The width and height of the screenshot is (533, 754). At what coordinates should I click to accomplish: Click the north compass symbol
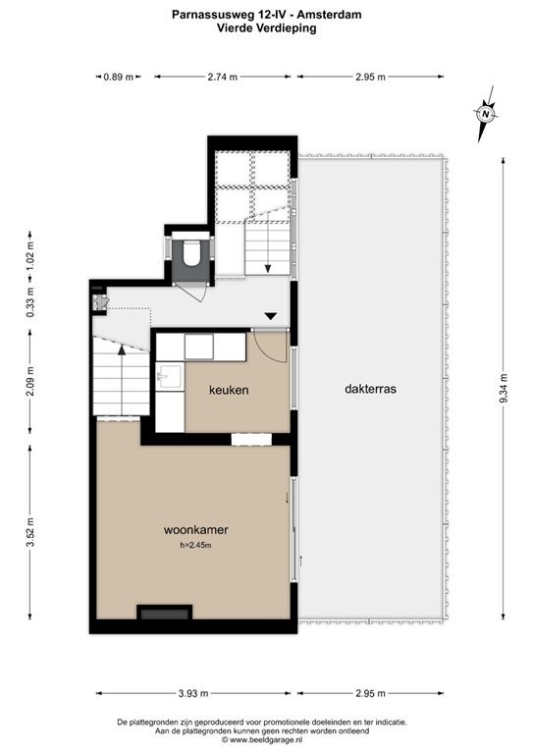[x=486, y=114]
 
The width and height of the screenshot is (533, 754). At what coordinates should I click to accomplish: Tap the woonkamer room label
[x=195, y=530]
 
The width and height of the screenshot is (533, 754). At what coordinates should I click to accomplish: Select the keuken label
[x=229, y=390]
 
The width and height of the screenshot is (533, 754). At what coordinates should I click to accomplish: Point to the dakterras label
[x=371, y=389]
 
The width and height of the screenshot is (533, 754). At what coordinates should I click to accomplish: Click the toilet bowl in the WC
[x=191, y=253]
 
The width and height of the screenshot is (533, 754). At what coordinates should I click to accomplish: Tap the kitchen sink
[x=169, y=376]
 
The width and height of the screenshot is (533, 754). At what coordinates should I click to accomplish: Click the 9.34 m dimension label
[x=504, y=388]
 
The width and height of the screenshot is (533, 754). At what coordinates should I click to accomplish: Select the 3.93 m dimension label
[x=193, y=693]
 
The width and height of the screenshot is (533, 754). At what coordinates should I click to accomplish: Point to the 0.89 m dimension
[x=118, y=77]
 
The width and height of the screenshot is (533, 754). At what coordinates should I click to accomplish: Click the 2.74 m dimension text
[x=223, y=77]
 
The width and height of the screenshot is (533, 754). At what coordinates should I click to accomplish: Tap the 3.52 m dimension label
[x=29, y=532]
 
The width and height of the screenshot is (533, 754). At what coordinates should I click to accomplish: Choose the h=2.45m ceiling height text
[x=195, y=545]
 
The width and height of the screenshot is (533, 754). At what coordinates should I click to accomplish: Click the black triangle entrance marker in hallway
[x=271, y=316]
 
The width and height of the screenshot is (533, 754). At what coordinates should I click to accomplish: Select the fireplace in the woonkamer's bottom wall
[x=165, y=613]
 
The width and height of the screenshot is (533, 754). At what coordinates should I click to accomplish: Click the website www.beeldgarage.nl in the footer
[x=266, y=739]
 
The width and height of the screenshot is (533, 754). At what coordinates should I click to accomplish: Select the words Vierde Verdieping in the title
[x=266, y=27]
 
